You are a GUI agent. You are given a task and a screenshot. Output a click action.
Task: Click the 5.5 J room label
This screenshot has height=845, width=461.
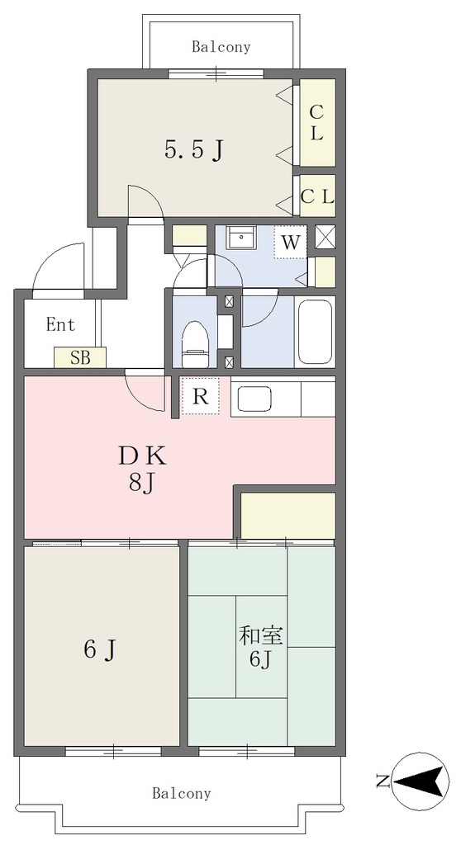[194, 151]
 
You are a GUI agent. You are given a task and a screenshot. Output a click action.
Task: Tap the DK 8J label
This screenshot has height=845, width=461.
[142, 470]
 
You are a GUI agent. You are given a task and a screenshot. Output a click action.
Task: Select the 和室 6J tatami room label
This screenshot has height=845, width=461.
[261, 647]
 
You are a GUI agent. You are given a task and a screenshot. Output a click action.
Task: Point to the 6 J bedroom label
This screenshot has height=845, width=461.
[100, 650]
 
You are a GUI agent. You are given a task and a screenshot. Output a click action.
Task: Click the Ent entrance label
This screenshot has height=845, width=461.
[60, 325]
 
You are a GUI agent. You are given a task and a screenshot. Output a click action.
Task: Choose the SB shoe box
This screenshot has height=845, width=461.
[80, 357]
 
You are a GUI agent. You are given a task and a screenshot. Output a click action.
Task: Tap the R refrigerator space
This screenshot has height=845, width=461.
[200, 396]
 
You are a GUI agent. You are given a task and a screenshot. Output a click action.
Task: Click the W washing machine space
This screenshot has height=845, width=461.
[291, 243]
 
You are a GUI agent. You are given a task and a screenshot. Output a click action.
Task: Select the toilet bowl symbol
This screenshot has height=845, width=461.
[196, 344]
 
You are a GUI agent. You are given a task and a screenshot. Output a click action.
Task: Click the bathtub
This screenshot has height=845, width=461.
[315, 332]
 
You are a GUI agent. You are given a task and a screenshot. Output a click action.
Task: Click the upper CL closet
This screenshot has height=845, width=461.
[317, 122]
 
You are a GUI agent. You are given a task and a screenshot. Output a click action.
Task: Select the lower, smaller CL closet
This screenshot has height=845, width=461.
[317, 196]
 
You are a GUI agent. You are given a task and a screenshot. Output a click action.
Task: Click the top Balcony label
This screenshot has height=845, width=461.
[221, 47]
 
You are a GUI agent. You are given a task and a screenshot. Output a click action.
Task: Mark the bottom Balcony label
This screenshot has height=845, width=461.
[182, 793]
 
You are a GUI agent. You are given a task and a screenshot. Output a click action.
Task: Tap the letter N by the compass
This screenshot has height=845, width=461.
[383, 781]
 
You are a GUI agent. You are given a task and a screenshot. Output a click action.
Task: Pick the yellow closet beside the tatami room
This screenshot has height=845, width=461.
[288, 515]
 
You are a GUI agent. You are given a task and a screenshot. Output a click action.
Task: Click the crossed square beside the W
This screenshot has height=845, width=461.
[325, 237]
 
